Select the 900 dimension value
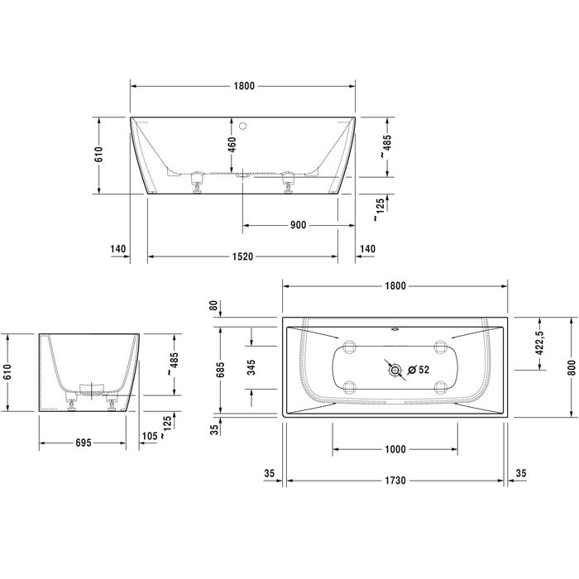pyautogui.click(x=298, y=225)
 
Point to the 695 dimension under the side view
pyautogui.click(x=77, y=443)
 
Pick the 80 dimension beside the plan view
pyautogui.click(x=213, y=306)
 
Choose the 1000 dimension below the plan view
pyautogui.click(x=395, y=449)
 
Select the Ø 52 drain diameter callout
pyautogui.click(x=418, y=371)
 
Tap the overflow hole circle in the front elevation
pyautogui.click(x=243, y=127)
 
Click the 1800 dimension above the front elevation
pyautogui.click(x=242, y=85)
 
